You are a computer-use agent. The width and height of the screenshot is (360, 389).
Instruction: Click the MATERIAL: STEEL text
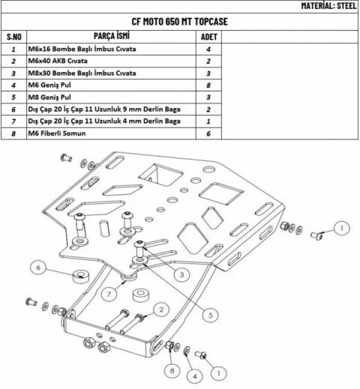(x=328, y=6)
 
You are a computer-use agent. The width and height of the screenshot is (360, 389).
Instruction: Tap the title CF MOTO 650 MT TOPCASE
(x=179, y=22)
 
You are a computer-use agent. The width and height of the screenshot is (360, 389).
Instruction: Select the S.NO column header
(x=14, y=37)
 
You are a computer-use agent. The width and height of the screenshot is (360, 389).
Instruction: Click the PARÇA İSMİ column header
(x=112, y=36)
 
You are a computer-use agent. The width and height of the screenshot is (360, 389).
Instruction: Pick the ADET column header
(x=208, y=37)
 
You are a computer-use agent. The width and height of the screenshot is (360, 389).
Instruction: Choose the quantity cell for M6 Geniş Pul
(x=208, y=85)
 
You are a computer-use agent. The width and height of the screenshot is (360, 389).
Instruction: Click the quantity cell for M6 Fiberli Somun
(x=208, y=133)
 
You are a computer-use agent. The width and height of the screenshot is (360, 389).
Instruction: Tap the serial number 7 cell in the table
(x=13, y=121)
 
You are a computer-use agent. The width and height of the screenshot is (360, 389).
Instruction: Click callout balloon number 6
(x=38, y=268)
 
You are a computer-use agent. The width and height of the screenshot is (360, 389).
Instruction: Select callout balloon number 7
(x=109, y=294)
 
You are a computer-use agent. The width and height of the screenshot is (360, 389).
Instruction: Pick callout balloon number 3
(x=181, y=274)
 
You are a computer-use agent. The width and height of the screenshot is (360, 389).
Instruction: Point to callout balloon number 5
(x=211, y=315)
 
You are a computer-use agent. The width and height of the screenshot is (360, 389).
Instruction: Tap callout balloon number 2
(x=161, y=310)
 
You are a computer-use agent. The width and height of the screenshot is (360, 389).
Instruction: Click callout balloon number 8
(x=172, y=371)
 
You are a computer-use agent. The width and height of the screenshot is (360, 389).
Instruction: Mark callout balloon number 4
(x=195, y=376)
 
